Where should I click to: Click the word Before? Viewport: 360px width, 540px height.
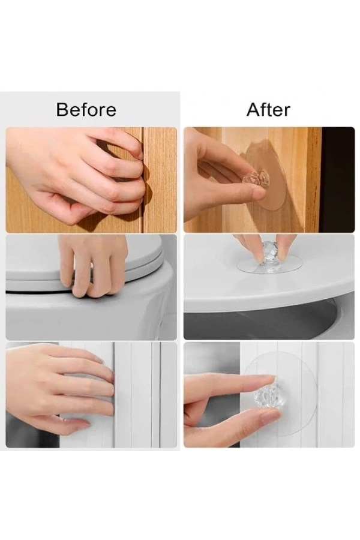point(86,110)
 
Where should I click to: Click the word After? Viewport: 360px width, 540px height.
point(268,110)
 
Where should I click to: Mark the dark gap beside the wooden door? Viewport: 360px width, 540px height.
point(338,179)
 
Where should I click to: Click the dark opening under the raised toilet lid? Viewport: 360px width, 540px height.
point(262,320)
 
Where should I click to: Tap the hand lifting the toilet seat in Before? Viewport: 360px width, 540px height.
point(91,265)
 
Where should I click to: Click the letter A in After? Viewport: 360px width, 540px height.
point(254,110)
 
